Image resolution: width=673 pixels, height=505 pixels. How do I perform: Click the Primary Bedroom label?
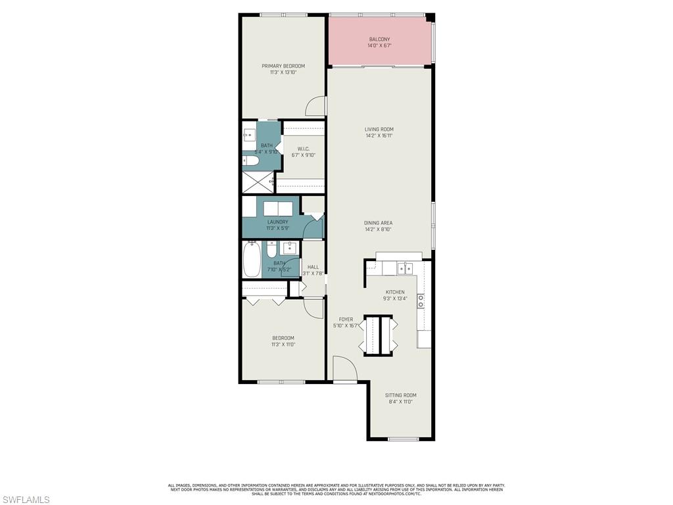[x=283, y=66]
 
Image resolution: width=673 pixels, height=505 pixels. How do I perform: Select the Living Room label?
[x=379, y=129]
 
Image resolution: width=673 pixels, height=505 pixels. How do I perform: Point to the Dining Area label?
[x=379, y=223]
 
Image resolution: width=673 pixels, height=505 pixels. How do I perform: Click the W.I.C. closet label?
[x=303, y=149]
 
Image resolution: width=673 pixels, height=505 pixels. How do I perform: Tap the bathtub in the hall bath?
[x=252, y=259]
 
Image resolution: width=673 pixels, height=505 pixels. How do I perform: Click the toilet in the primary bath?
[x=252, y=160]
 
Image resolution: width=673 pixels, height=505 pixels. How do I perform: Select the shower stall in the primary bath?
[x=257, y=181]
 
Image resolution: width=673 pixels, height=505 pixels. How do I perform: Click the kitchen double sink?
[x=404, y=268]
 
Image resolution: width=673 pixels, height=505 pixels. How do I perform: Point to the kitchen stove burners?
[x=421, y=301]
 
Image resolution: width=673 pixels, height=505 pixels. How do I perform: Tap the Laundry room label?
[x=277, y=222]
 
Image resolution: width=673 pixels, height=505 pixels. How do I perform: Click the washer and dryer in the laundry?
[x=278, y=208]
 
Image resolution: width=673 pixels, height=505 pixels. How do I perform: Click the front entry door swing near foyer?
[x=343, y=369]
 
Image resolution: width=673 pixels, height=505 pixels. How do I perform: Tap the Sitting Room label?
[x=400, y=395]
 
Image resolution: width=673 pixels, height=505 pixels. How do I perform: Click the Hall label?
[x=313, y=267]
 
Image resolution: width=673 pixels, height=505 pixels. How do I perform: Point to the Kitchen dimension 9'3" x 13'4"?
[x=395, y=299]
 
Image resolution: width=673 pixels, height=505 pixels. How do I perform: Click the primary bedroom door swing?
[x=319, y=105]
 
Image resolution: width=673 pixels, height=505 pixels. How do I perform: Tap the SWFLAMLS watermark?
[x=26, y=500]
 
